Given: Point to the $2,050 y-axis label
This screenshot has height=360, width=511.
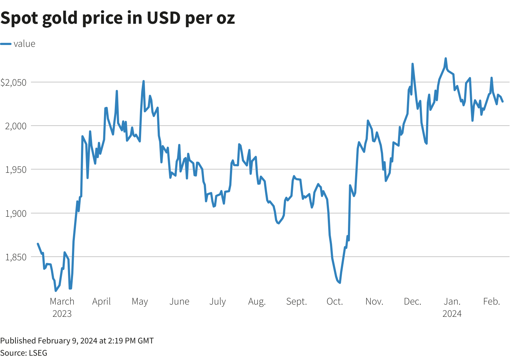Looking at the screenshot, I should (14, 82).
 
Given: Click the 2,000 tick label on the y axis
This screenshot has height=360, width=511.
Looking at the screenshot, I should (16, 126).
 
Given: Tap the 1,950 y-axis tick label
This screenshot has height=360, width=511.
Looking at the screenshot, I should (16, 170).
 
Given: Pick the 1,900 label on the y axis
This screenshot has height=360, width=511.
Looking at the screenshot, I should (16, 213).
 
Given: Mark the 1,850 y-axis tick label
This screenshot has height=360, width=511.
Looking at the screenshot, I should (16, 257).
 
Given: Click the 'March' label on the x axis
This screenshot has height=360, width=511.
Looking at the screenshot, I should (62, 301).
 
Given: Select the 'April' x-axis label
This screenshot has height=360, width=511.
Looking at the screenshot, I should (101, 301).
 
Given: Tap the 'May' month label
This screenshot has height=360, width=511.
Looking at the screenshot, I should (140, 301).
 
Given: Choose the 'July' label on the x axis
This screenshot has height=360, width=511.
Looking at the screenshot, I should (217, 301).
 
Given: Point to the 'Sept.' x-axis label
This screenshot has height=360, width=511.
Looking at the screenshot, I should (297, 301).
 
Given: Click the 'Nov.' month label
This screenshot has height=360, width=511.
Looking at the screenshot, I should (374, 301).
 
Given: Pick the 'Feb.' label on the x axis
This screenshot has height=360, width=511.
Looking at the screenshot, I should (492, 301).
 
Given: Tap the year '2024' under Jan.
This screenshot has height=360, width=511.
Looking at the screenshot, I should (452, 314).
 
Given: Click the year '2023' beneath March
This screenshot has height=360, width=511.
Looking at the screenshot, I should (62, 314).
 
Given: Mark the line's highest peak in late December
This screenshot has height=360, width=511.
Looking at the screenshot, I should (446, 58).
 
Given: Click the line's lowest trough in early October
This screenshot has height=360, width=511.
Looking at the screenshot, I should (340, 283).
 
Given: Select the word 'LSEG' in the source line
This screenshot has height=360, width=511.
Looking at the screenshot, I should (38, 353).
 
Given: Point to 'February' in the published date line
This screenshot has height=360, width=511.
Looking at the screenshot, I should (54, 341).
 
